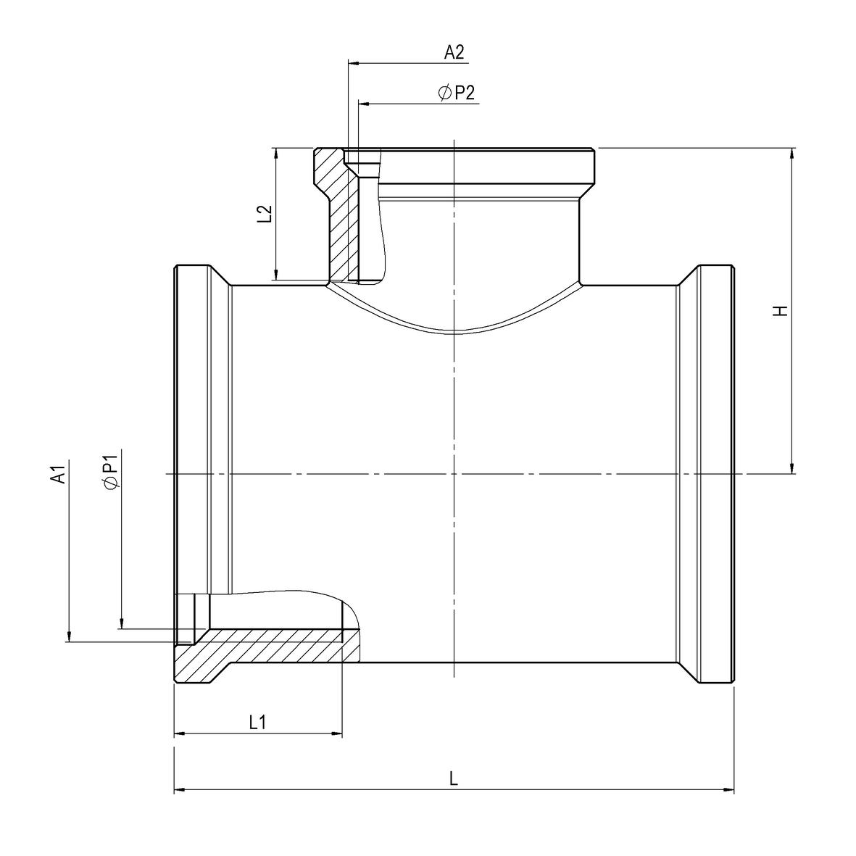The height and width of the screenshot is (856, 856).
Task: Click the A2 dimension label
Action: tap(454, 51)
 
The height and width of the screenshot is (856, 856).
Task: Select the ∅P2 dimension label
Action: tap(457, 93)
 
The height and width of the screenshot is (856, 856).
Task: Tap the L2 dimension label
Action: tap(265, 213)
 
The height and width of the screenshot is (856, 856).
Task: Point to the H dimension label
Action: tap(780, 311)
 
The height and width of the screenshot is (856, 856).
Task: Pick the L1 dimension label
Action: tap(258, 722)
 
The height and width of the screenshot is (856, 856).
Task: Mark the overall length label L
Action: tap(454, 778)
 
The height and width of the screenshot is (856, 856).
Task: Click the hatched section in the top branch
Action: tap(337, 217)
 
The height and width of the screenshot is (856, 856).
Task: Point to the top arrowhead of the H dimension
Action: tap(793, 153)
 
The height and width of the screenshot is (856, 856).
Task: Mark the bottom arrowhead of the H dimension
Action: tap(793, 468)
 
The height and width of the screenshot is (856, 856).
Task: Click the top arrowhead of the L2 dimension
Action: tap(276, 153)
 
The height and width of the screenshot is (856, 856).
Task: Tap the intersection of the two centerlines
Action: tap(454, 474)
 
